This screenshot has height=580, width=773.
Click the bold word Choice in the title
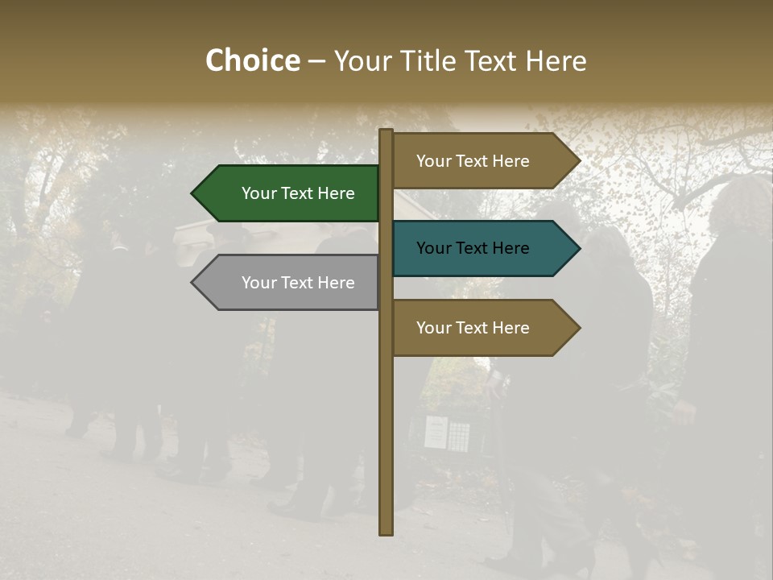(252, 60)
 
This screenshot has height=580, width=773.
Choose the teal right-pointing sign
(479, 248)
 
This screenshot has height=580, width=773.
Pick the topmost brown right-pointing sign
(479, 161)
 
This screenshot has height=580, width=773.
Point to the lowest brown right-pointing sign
(479, 328)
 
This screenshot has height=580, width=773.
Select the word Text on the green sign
(298, 193)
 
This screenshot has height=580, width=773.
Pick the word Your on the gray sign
(258, 283)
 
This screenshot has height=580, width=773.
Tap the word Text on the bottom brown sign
(473, 328)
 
